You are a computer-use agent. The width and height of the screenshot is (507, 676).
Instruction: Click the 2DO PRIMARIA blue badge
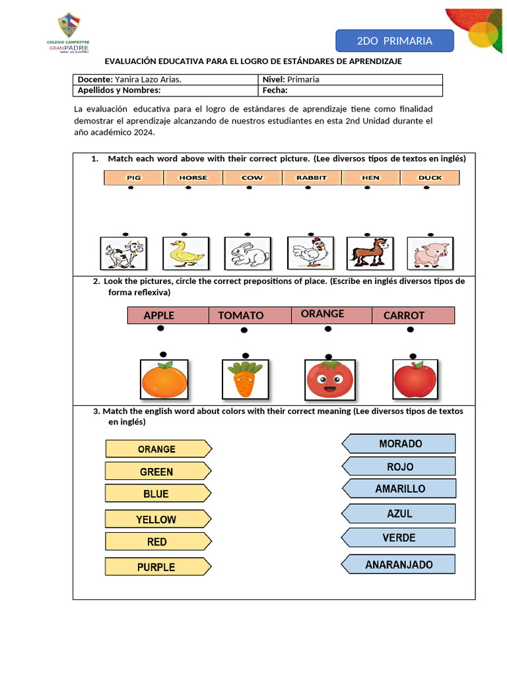(395, 41)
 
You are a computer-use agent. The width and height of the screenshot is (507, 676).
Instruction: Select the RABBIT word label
(311, 178)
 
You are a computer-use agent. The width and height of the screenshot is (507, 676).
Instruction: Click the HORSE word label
(193, 178)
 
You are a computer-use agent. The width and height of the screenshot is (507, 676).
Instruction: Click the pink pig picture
(430, 253)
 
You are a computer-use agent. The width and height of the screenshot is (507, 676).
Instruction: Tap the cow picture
(123, 253)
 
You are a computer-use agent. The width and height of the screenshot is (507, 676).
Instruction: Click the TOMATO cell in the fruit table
(241, 316)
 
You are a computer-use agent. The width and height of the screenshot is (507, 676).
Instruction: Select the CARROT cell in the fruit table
(404, 316)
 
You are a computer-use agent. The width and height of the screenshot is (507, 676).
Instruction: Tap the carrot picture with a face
(244, 379)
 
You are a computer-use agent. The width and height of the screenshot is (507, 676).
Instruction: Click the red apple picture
(415, 379)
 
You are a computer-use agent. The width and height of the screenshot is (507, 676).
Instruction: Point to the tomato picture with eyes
(329, 380)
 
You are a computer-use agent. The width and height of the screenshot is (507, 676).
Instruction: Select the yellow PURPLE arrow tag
(158, 567)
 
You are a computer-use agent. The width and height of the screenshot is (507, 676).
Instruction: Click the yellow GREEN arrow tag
(158, 471)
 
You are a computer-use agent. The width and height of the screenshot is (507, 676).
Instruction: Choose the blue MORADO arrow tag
(399, 444)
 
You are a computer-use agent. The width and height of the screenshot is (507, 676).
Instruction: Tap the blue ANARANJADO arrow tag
(399, 564)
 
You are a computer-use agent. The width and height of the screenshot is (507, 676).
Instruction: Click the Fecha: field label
(275, 91)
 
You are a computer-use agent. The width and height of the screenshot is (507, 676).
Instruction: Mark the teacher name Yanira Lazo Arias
(149, 79)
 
